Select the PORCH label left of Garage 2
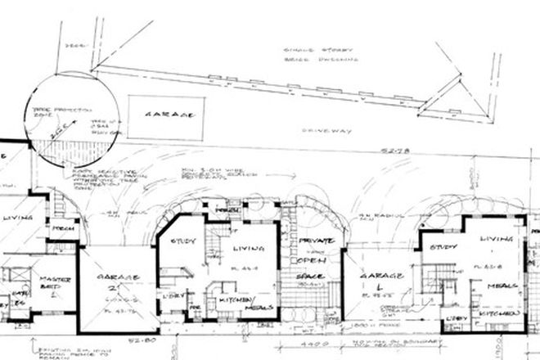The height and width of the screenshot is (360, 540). point(66,252)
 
